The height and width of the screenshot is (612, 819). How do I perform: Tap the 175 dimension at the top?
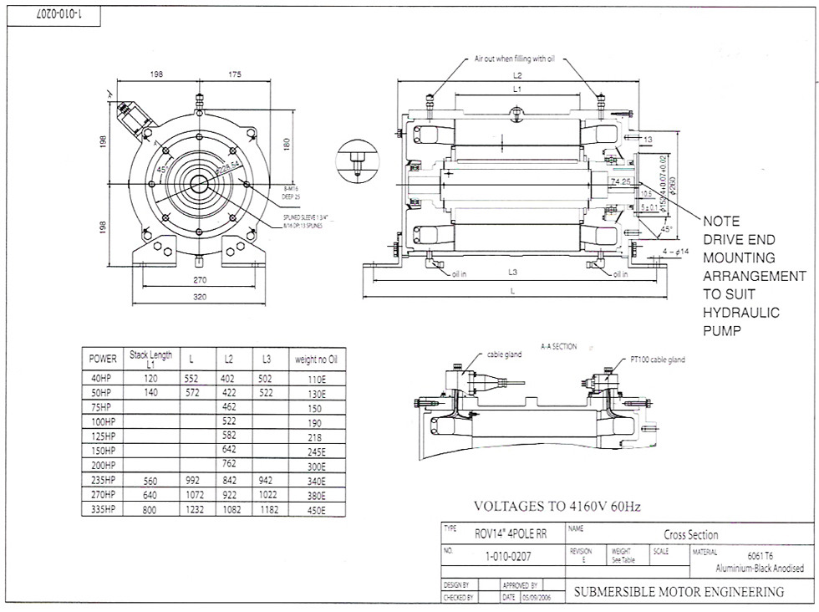click(234, 75)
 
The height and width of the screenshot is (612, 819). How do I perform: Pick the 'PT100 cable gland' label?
click(658, 360)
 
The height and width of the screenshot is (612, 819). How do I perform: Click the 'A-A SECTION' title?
click(558, 346)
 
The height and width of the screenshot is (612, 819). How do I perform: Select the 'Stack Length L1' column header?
click(150, 358)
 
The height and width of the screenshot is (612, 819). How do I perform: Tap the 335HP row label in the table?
click(102, 509)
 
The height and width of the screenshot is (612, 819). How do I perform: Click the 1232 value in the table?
click(191, 509)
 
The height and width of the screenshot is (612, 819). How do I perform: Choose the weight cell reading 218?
click(314, 437)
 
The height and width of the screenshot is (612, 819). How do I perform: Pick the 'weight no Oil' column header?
click(314, 359)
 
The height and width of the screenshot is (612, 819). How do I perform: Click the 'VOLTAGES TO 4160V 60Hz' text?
click(556, 506)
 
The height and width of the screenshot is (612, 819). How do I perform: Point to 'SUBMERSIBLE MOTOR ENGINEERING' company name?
click(678, 592)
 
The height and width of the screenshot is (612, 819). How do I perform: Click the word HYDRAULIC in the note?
click(740, 312)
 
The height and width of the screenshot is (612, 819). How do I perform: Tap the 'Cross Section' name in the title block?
click(690, 535)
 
